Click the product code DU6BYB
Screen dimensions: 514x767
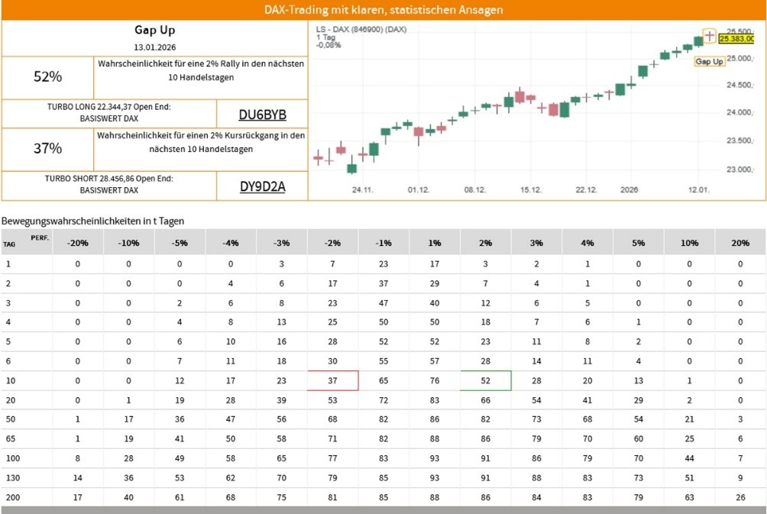click(262, 115)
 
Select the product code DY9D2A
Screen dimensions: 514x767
click(262, 186)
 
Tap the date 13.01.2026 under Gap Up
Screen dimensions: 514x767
click(155, 47)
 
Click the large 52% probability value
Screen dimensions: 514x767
click(47, 76)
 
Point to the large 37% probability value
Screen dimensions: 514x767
click(47, 148)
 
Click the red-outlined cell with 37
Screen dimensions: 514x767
click(332, 380)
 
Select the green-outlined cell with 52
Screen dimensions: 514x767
click(485, 380)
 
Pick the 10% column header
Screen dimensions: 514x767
click(689, 243)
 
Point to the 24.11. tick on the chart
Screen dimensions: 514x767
click(362, 189)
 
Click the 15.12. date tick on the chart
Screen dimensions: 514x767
click(531, 189)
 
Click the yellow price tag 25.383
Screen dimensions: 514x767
click(736, 38)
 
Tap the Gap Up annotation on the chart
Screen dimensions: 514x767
click(710, 61)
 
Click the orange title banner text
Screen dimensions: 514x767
click(383, 10)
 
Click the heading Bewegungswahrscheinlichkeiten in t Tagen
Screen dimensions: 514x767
click(92, 221)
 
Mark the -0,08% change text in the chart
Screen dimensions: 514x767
click(328, 45)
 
